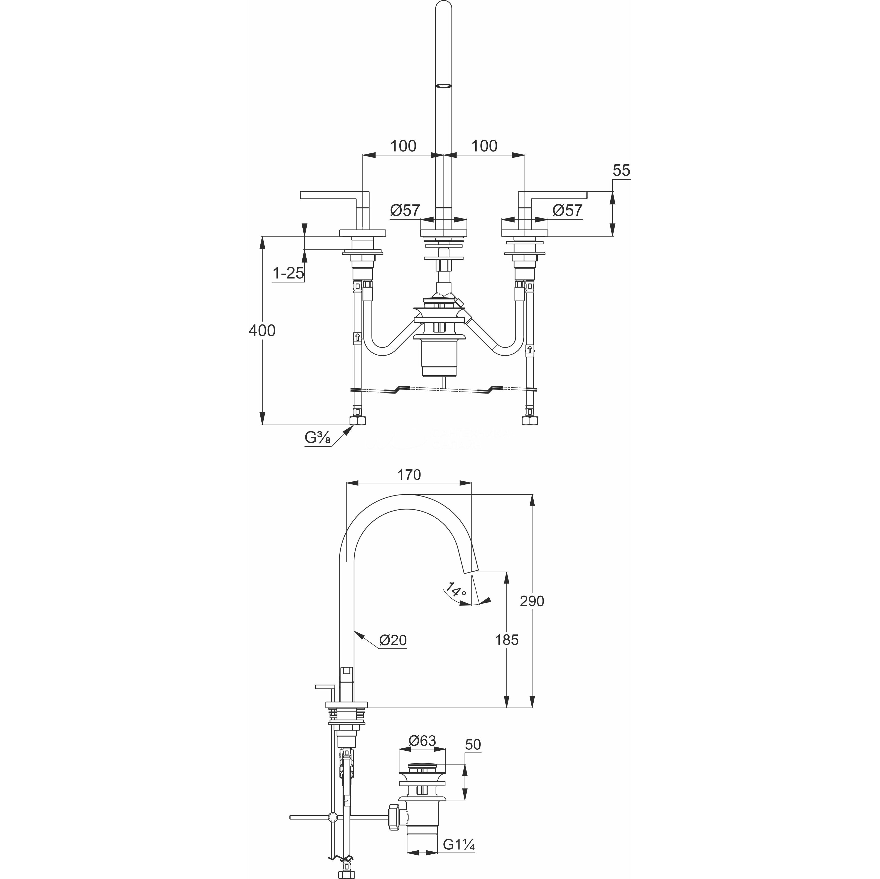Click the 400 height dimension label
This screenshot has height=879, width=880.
point(262,331)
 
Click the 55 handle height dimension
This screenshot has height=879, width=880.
point(621,171)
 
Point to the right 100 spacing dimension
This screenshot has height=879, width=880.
point(484,146)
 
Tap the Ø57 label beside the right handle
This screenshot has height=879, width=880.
point(568,210)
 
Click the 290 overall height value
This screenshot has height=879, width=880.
point(532,601)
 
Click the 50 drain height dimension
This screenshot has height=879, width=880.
point(473,757)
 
